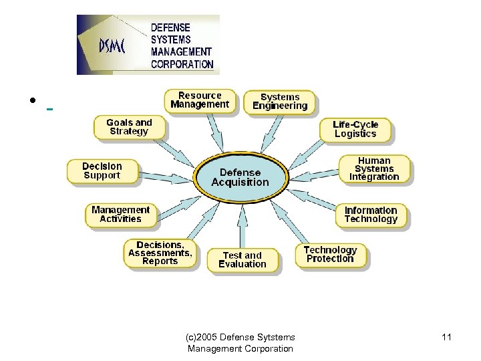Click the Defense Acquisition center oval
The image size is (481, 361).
[x=240, y=177]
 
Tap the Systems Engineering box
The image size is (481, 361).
[x=280, y=102]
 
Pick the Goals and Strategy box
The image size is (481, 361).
[x=129, y=127]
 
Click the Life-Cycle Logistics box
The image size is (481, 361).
[x=355, y=129]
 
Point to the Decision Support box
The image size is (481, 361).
[x=102, y=171]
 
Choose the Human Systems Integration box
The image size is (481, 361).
[x=374, y=169]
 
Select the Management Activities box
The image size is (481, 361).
[x=121, y=214]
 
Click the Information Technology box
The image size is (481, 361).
[x=371, y=215]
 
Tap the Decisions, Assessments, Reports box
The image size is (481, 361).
[x=160, y=253]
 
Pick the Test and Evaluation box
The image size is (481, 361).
[x=242, y=260]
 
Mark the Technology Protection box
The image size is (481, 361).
[x=330, y=255]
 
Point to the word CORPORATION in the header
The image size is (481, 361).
[x=182, y=65]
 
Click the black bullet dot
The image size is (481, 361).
[x=32, y=102]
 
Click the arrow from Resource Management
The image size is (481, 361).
[x=218, y=132]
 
